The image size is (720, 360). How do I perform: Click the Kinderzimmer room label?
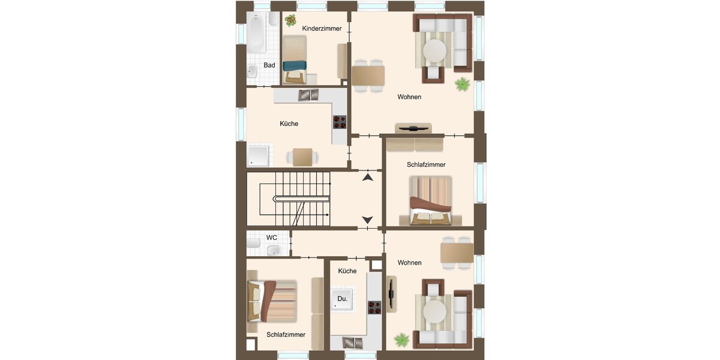[322, 29]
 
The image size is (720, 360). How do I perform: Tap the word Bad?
[269, 65]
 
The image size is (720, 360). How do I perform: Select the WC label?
[272, 238]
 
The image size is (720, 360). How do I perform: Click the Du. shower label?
[343, 299]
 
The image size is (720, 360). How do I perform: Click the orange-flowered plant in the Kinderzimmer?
[290, 20]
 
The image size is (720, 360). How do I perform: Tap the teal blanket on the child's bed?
[295, 65]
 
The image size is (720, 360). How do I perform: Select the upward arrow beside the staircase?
[368, 177]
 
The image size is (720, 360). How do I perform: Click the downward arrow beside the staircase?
[367, 220]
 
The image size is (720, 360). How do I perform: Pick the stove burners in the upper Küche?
[340, 122]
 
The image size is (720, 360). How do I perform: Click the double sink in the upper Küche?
[308, 95]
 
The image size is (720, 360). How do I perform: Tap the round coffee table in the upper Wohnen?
[434, 50]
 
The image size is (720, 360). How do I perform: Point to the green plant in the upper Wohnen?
[463, 84]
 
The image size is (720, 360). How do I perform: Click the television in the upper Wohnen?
[413, 128]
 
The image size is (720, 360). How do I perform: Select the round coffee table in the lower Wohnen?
[434, 311]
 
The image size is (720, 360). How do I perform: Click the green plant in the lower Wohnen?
[402, 340]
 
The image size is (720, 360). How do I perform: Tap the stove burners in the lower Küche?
[374, 308]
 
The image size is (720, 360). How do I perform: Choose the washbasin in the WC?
[274, 250]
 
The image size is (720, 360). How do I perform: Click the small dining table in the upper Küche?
[302, 157]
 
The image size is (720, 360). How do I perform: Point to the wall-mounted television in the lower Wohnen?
[391, 294]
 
